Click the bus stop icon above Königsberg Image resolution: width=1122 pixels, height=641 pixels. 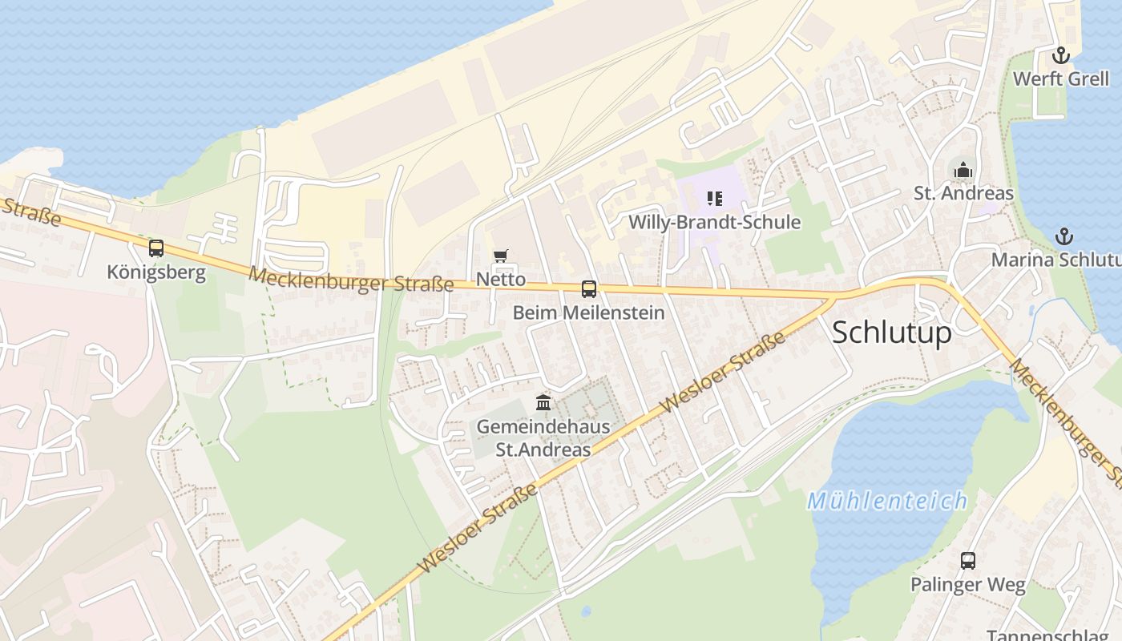156,248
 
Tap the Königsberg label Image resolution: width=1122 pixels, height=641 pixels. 156,272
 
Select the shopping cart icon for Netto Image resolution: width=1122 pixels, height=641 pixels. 501,256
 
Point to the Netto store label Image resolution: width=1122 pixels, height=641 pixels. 501,280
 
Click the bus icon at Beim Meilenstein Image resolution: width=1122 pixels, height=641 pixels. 589,289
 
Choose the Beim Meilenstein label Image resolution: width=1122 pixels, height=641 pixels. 589,312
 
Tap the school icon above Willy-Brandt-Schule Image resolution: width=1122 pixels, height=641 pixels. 715,198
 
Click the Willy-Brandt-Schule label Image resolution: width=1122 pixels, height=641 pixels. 715,222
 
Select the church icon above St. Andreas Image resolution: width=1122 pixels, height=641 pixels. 963,170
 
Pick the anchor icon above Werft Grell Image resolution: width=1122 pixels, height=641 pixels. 1061,55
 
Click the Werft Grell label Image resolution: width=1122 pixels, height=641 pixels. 1061,79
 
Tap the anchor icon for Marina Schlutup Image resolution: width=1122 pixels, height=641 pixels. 1064,236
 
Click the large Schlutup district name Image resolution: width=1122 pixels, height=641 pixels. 892,332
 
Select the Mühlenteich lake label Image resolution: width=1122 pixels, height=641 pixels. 887,502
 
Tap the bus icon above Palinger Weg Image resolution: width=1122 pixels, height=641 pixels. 968,561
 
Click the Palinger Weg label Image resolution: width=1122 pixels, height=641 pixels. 968,585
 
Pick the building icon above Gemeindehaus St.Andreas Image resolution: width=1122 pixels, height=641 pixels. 543,402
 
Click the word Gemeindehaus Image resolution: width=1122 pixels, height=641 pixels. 543,427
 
